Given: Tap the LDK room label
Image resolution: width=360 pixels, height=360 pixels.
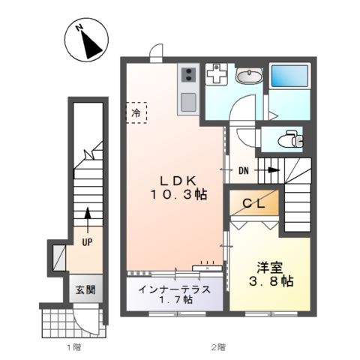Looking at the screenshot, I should click(x=177, y=180).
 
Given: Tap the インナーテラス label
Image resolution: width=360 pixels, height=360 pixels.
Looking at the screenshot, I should click(x=173, y=288).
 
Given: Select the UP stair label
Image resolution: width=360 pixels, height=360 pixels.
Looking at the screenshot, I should click(x=88, y=242).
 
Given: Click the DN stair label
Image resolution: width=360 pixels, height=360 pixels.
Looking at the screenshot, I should click(x=244, y=171).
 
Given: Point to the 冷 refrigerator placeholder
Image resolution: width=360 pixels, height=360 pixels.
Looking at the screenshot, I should click(x=136, y=113).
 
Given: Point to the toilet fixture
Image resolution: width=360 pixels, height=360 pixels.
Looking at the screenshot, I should click(x=289, y=139).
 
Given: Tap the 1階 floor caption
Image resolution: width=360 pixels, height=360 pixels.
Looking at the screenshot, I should click(x=73, y=347).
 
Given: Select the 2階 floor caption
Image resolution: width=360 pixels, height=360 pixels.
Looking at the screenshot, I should click(x=217, y=347).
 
